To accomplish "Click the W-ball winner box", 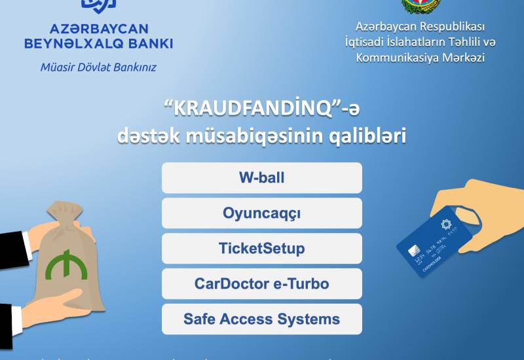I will click(x=261, y=178).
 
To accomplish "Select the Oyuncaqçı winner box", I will click(x=261, y=213).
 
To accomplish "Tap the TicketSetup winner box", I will click(x=261, y=249).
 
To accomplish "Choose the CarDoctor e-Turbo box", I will click(x=261, y=284).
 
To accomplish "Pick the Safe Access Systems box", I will click(x=261, y=319).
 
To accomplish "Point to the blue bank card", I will click(x=436, y=243).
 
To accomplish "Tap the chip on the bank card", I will click(x=414, y=252).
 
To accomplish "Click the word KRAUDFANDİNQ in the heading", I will click(x=245, y=107).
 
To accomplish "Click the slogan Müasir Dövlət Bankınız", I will click(x=98, y=67).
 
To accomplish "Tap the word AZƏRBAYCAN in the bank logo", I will click(x=99, y=29).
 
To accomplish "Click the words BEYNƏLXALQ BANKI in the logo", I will click(x=98, y=44).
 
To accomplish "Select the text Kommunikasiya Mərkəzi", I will click(x=420, y=58).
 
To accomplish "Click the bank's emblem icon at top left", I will click(x=98, y=5).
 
